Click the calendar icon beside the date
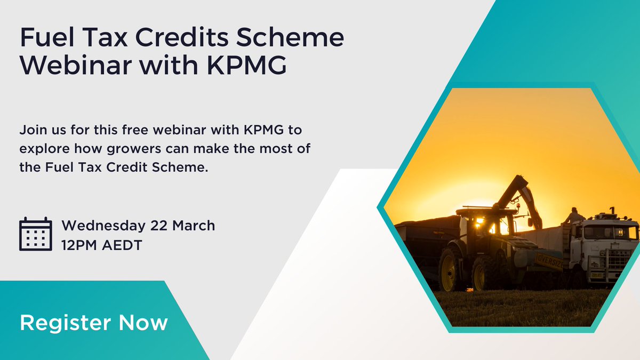pos(35,234)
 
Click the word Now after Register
pos(143,323)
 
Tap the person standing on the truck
pos(574,215)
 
